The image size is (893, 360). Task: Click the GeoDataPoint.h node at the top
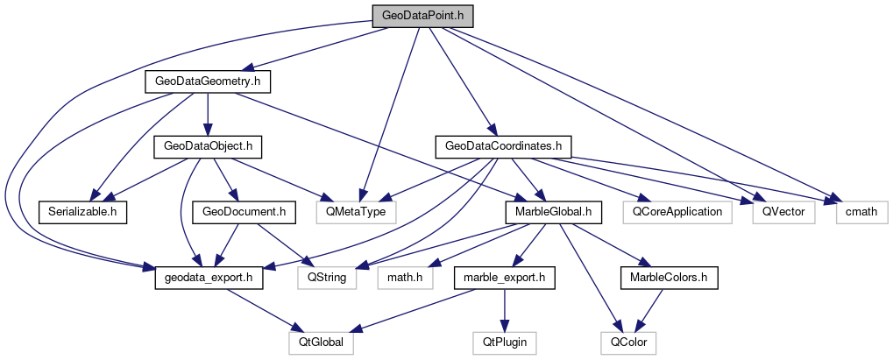422,17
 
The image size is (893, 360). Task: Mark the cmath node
855,211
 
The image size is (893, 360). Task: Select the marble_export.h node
504,278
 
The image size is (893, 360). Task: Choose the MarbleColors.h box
670,278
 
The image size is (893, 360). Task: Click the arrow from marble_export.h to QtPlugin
505,310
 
